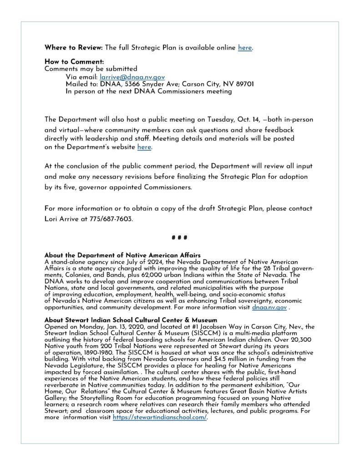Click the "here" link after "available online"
(244, 48)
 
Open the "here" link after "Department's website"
(144, 147)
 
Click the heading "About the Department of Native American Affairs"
(122, 255)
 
